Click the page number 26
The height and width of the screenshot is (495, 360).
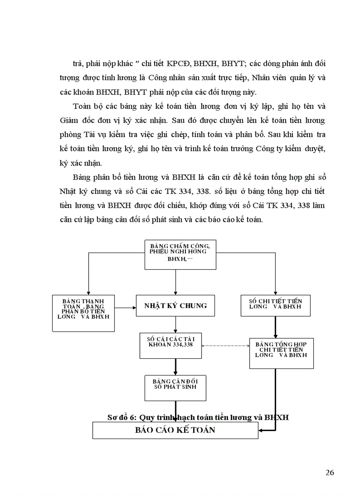click(x=330, y=473)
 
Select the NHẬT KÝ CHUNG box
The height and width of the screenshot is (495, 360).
click(x=176, y=305)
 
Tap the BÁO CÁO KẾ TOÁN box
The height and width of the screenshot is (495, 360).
click(x=175, y=430)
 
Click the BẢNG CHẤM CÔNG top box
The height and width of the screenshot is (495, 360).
click(x=180, y=254)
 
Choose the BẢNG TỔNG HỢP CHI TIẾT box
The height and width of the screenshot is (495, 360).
click(x=281, y=353)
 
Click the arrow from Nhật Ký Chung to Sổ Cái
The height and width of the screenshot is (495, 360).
click(x=176, y=324)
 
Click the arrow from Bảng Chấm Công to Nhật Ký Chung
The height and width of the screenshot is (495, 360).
click(x=176, y=282)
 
